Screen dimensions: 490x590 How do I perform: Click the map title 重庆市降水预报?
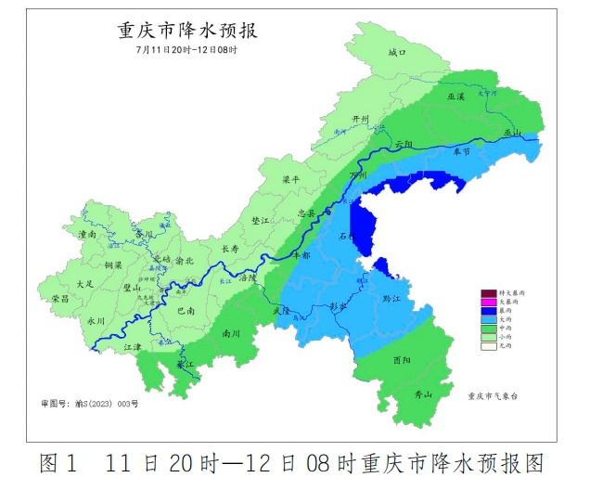(x=186, y=30)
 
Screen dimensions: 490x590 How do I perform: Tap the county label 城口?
(x=397, y=53)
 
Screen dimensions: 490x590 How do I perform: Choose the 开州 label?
(x=359, y=120)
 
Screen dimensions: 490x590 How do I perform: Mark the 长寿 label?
(x=230, y=249)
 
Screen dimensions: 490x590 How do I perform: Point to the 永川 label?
(x=96, y=320)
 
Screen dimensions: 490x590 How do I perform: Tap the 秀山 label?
(x=422, y=395)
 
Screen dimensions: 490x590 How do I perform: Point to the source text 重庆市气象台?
(x=501, y=394)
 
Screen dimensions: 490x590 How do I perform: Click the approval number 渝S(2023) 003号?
(x=90, y=404)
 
